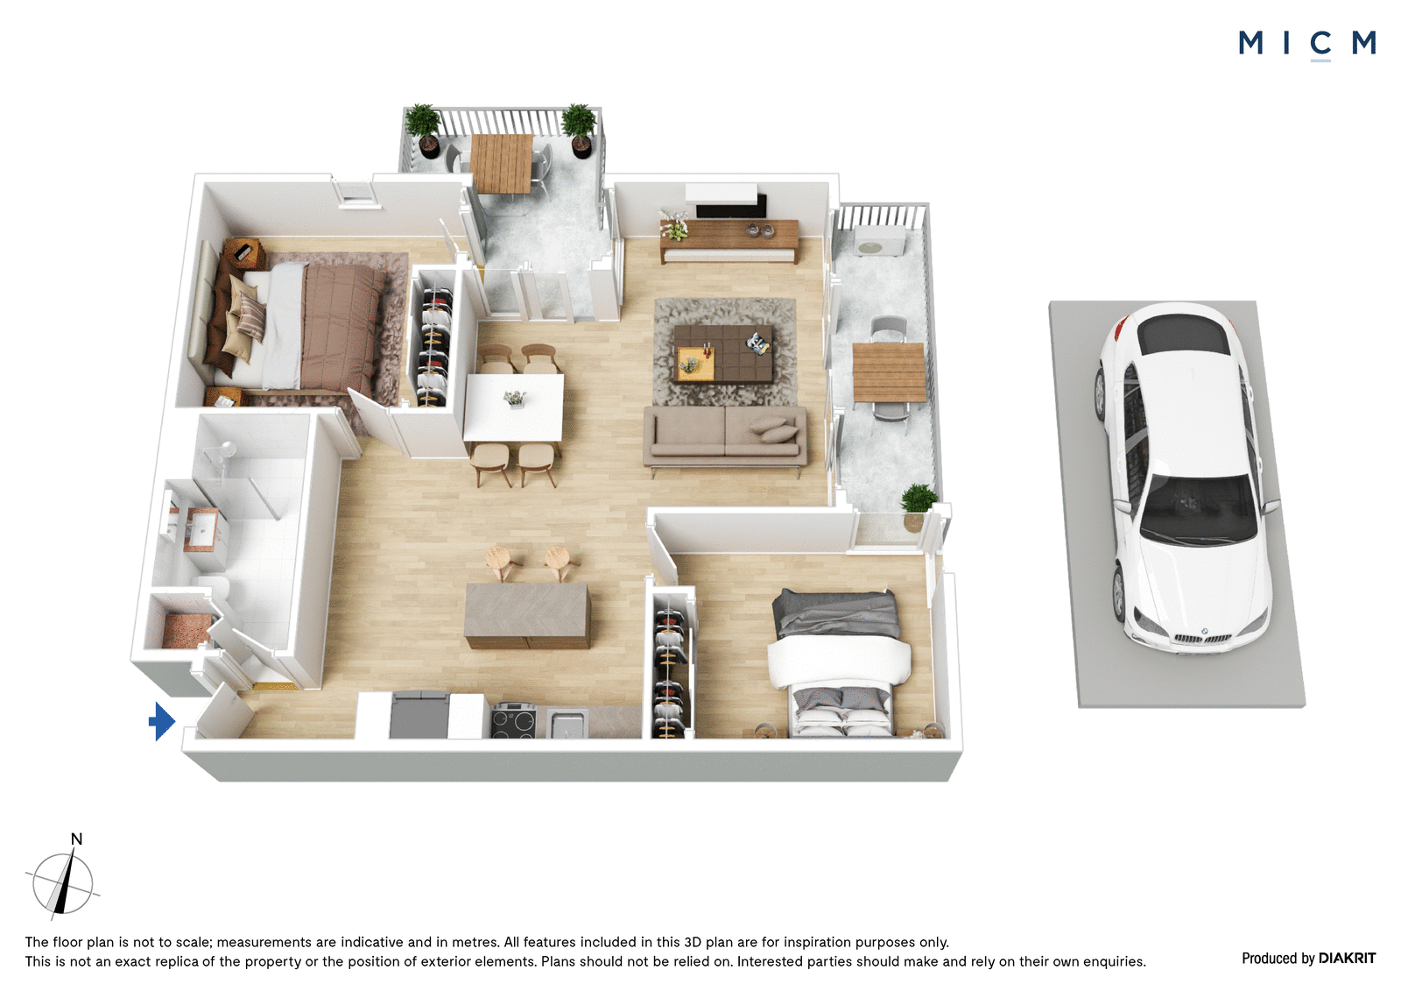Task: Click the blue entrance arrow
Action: point(161,721)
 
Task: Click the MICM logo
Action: point(1307,44)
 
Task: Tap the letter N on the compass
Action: point(76,839)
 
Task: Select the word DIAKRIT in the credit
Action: point(1347,959)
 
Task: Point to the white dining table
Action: point(513,407)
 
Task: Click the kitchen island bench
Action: point(527,616)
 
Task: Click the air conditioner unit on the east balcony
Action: point(879,241)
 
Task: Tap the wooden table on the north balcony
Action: point(502,164)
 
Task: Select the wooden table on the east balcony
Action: point(889,372)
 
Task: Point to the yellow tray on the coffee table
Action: point(695,363)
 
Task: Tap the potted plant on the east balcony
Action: point(919,507)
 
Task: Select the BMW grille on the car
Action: point(1203,639)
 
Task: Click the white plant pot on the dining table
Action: point(516,400)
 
